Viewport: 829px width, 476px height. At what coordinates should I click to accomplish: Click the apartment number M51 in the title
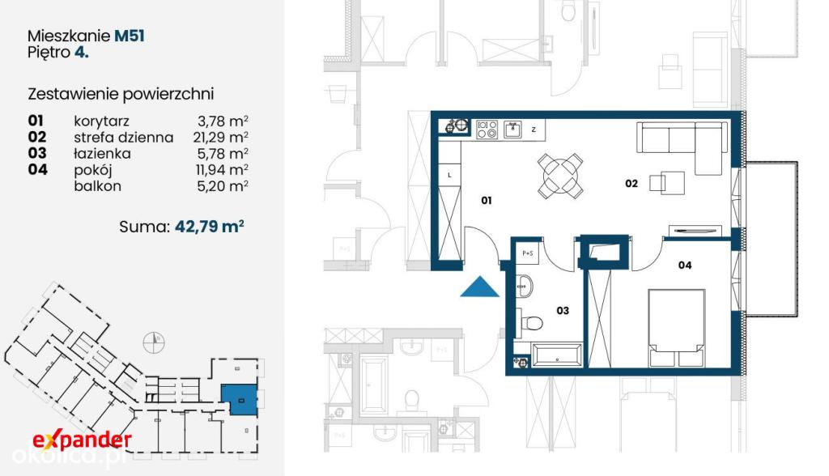[130, 36]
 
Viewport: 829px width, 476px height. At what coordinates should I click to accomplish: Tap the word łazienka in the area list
[102, 153]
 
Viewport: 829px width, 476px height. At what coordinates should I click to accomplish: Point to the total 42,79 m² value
[210, 226]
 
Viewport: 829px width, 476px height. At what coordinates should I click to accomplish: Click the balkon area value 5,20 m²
[223, 185]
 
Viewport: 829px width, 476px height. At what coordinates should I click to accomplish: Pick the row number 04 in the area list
[37, 169]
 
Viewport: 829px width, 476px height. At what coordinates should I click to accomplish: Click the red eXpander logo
[82, 440]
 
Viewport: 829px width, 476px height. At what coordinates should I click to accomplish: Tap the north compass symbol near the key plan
[154, 342]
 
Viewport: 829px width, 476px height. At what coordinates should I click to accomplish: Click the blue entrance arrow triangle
[479, 287]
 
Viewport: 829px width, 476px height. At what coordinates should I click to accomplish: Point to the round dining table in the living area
[560, 176]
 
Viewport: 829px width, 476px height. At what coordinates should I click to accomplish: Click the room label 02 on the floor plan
[631, 183]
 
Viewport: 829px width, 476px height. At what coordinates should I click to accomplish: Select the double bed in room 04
[677, 327]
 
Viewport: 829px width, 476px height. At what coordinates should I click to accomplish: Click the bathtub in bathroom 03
[557, 355]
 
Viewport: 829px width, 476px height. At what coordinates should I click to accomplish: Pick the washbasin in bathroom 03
[524, 287]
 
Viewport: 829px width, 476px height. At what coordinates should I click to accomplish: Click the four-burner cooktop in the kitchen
[487, 129]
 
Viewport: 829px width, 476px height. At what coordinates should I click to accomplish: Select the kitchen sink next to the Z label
[512, 129]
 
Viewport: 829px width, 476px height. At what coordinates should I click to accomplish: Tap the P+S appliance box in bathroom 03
[528, 253]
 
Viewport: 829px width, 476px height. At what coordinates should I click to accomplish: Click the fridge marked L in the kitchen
[450, 175]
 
